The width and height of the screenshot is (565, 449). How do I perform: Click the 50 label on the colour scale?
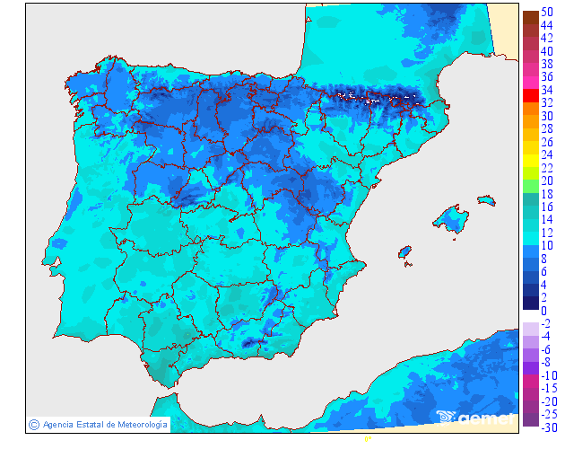coord(546,11)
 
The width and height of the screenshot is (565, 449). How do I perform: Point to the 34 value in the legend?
coord(546,90)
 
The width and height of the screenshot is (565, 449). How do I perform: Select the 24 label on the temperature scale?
coord(546,154)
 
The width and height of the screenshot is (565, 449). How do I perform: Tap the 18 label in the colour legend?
coord(546,194)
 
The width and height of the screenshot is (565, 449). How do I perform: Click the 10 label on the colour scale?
coord(546,245)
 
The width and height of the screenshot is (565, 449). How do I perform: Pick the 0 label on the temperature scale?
coord(543,311)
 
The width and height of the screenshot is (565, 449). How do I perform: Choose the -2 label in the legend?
coord(546,323)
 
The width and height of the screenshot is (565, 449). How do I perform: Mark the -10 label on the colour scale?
coord(548,375)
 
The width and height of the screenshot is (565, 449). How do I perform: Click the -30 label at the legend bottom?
coord(548,427)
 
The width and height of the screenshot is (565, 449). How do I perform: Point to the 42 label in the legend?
coord(546,38)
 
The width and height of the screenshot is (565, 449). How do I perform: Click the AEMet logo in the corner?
coord(475,418)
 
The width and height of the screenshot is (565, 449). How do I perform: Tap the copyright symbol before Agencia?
coord(33,424)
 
